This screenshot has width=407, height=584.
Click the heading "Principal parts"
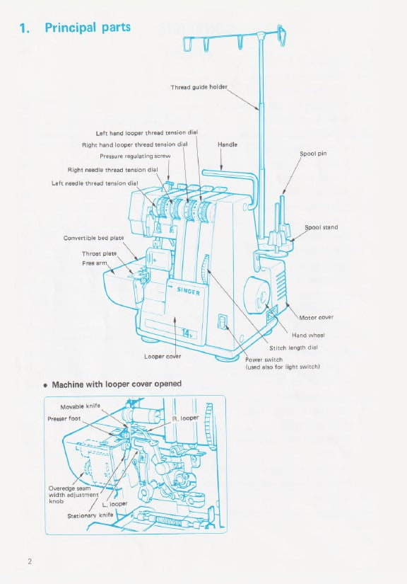pyautogui.click(x=88, y=28)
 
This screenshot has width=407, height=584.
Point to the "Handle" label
pyautogui.click(x=228, y=144)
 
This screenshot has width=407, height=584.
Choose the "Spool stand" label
pyautogui.click(x=321, y=227)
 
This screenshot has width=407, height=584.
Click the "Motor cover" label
pyautogui.click(x=316, y=317)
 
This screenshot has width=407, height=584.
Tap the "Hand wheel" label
pyautogui.click(x=308, y=335)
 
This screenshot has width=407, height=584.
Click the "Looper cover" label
pyautogui.click(x=163, y=356)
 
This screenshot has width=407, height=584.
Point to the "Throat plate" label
pyautogui.click(x=99, y=253)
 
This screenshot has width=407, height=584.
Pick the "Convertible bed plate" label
pyautogui.click(x=93, y=238)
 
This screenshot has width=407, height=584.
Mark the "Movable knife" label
pyautogui.click(x=80, y=407)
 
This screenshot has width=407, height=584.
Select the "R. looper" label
pyautogui.click(x=185, y=418)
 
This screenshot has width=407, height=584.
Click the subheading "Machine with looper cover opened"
pyautogui.click(x=117, y=384)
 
